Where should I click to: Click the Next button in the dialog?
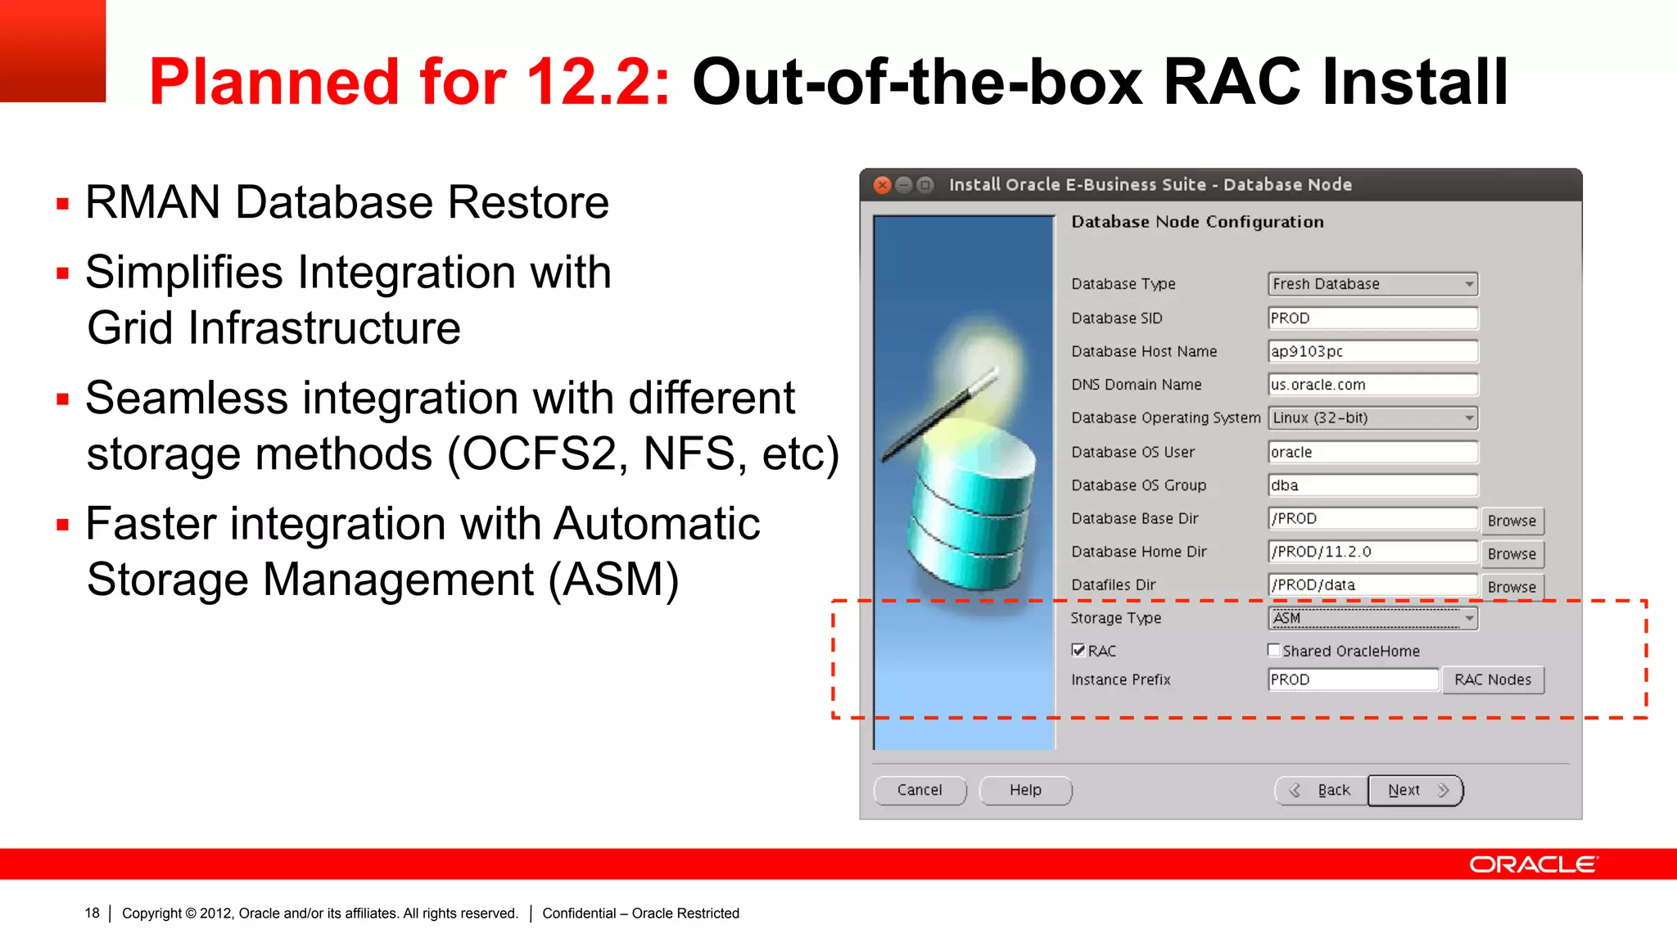point(1415,790)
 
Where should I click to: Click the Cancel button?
point(919,790)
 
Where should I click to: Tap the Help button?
point(1025,790)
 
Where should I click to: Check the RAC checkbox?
point(1078,651)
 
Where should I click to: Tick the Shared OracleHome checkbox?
point(1274,651)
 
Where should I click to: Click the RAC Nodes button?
point(1492,680)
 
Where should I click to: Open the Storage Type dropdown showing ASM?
point(1372,618)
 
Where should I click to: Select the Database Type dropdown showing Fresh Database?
point(1372,284)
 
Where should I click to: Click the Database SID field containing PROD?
point(1372,318)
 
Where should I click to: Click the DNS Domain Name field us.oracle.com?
point(1372,385)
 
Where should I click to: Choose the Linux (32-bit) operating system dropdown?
point(1372,418)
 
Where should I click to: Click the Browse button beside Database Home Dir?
point(1512,554)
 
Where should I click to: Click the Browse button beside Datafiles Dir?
point(1512,588)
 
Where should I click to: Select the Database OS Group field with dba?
point(1372,485)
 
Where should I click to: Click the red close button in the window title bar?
point(882,185)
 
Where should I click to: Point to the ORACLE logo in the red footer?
point(1533,864)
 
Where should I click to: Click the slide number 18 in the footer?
point(92,914)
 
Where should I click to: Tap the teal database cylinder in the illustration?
point(970,508)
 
